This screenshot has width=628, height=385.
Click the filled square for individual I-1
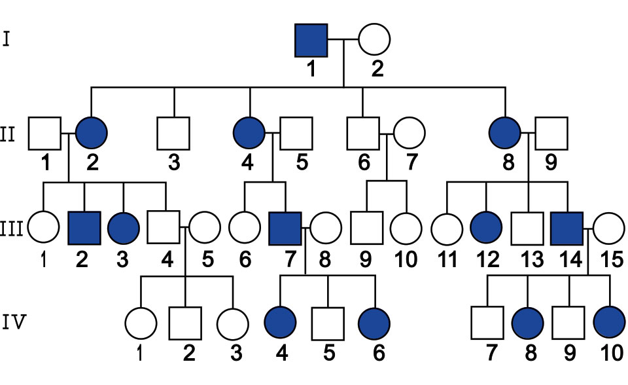(x=311, y=40)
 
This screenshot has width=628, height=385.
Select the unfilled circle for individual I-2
(x=374, y=39)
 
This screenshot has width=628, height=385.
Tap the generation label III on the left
(x=11, y=230)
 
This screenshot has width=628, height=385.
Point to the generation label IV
(x=15, y=322)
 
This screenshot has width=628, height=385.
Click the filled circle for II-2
(x=92, y=133)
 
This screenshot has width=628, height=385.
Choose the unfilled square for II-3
(x=173, y=134)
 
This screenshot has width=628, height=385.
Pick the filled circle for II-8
(x=506, y=133)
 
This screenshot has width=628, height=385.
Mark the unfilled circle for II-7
(x=409, y=133)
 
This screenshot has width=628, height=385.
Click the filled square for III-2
(x=84, y=228)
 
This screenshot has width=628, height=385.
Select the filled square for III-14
(x=567, y=229)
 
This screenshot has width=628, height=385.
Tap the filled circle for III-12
(x=486, y=228)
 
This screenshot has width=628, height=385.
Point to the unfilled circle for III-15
(x=609, y=228)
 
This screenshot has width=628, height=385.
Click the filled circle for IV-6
(x=374, y=323)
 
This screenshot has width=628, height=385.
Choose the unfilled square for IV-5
(x=328, y=323)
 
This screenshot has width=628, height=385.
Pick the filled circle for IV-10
(x=610, y=322)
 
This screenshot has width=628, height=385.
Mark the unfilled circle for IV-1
(x=141, y=323)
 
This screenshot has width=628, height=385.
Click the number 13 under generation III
(x=531, y=259)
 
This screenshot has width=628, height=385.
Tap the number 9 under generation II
(x=551, y=162)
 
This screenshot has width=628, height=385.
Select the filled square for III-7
(x=285, y=229)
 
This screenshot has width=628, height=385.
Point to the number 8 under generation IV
(x=531, y=353)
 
